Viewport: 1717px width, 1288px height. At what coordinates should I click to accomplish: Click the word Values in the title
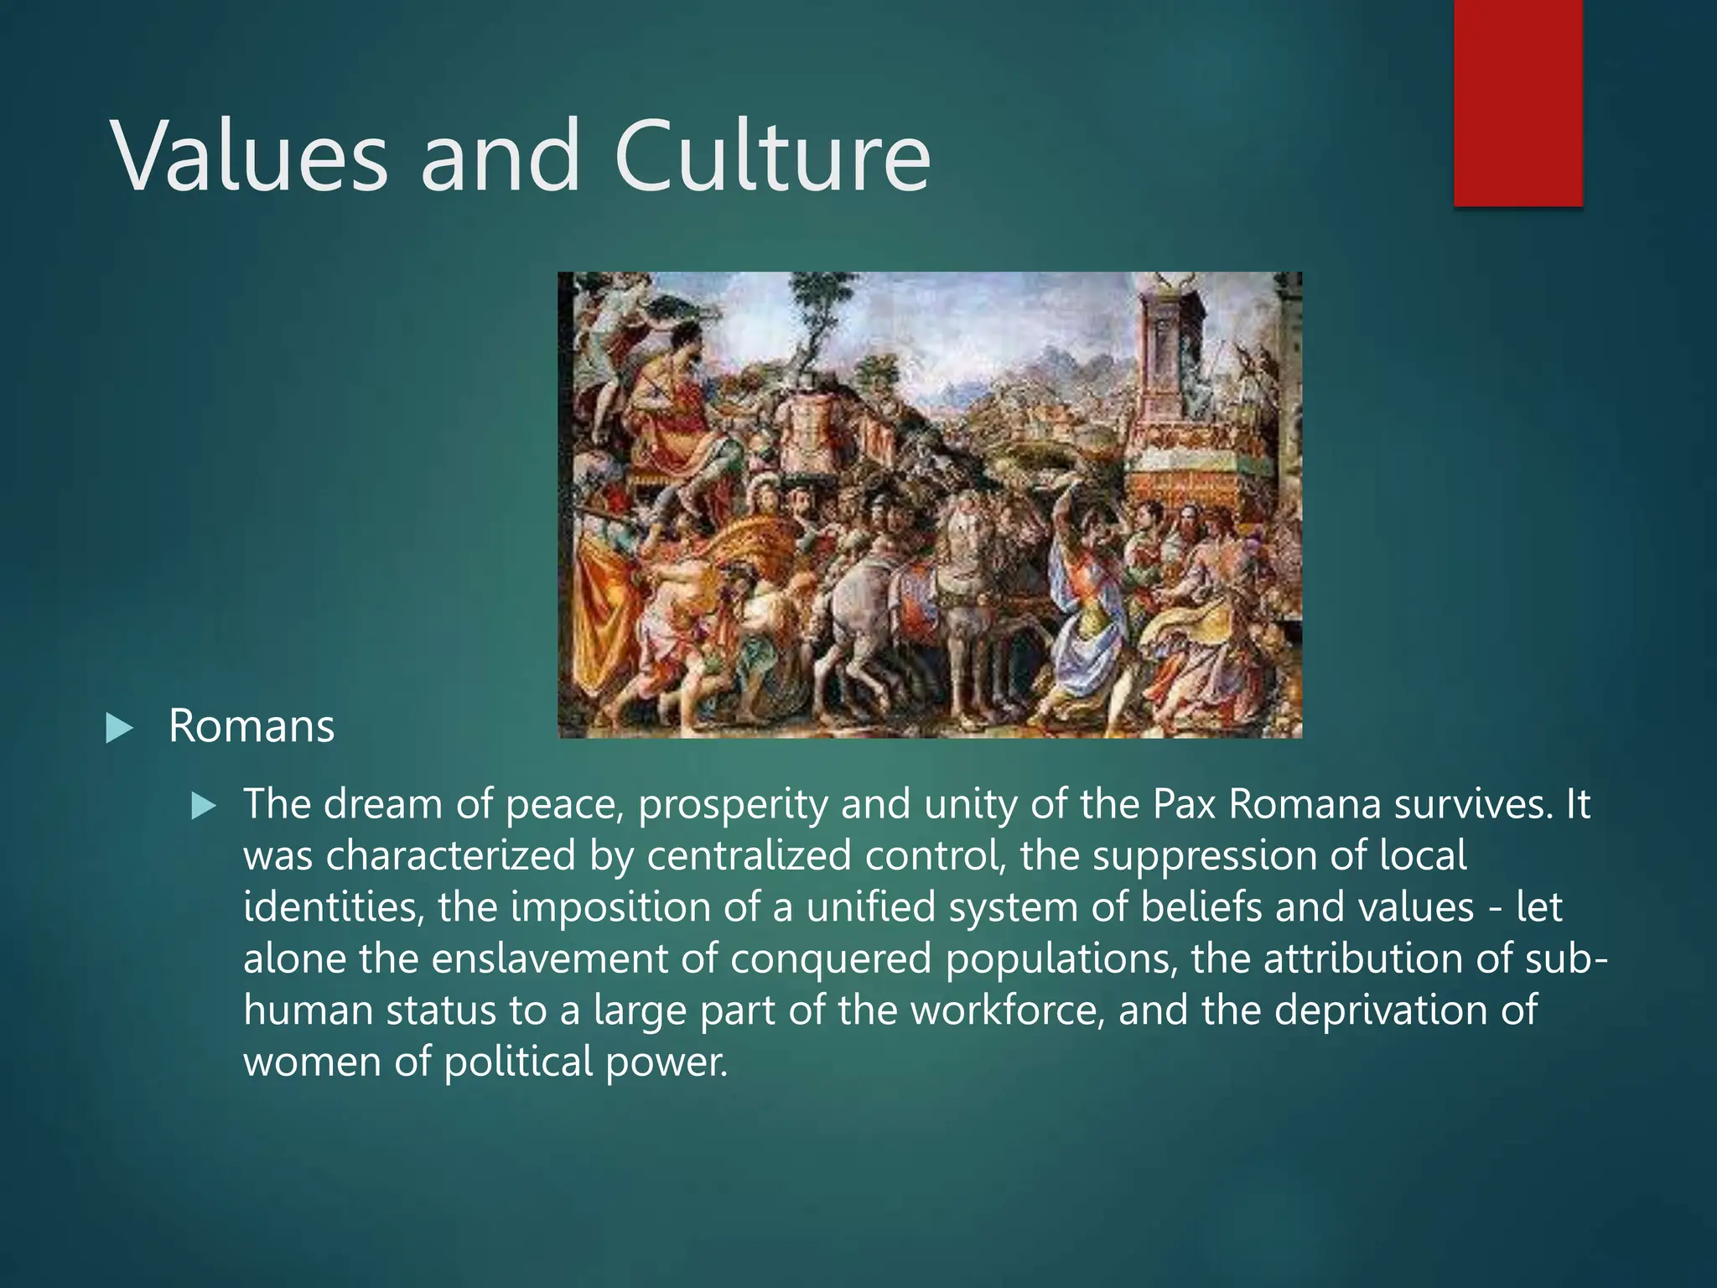(249, 156)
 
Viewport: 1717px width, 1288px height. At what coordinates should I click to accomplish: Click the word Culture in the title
(772, 156)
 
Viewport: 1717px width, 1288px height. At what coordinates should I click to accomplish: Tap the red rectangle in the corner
(1517, 102)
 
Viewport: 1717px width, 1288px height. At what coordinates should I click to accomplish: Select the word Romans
(252, 726)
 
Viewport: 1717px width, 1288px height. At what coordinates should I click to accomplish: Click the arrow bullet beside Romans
(120, 728)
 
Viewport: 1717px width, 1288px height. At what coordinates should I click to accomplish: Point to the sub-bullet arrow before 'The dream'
(204, 806)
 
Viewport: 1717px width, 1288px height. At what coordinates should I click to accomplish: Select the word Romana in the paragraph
(1304, 804)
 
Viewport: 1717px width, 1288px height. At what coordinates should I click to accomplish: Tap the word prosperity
(733, 806)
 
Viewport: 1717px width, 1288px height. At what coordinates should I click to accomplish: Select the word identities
(333, 907)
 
